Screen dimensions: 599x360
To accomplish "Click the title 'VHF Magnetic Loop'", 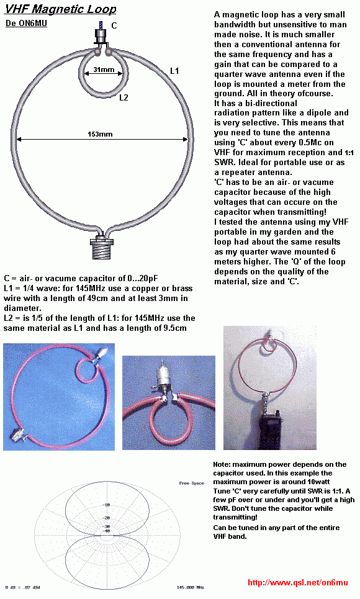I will point(60,9).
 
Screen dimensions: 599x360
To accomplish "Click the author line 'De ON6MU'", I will point(25,24).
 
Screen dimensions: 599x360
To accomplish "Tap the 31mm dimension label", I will point(102,70).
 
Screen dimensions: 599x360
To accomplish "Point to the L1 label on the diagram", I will point(174,71).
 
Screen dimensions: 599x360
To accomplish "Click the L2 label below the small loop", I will point(124,97).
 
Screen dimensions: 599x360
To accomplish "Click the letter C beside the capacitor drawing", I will point(114,25).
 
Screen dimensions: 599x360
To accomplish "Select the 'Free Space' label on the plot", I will point(192,482).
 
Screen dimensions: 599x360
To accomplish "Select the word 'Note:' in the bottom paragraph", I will point(222,464).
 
